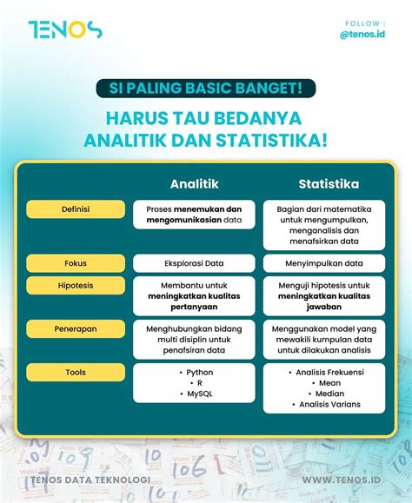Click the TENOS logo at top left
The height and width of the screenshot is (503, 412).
64,30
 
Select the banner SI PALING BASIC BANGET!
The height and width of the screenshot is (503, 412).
205,88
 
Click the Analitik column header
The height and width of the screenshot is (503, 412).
194,184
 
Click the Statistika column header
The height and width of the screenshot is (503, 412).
329,184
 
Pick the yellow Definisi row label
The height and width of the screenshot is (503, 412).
76,209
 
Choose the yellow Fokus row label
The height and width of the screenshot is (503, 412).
76,262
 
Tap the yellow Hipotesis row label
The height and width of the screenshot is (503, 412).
76,285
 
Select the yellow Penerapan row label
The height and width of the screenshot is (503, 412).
76,328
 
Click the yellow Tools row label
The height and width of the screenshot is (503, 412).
76,372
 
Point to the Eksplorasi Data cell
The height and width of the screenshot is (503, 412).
194,263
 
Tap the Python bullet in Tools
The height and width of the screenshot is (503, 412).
199,372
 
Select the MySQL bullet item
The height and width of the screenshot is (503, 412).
199,394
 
